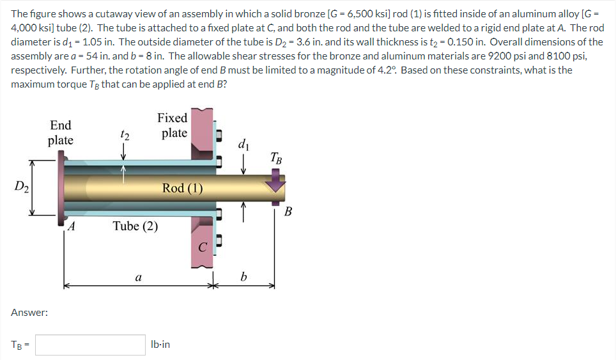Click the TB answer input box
point(90,345)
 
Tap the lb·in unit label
point(160,344)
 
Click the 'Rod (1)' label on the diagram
point(182,188)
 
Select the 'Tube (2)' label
point(135,226)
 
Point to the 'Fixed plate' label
point(173,125)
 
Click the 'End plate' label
point(61,132)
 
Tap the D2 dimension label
point(22,186)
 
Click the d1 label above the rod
point(243,145)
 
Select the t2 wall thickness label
point(125,135)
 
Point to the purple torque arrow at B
point(276,184)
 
